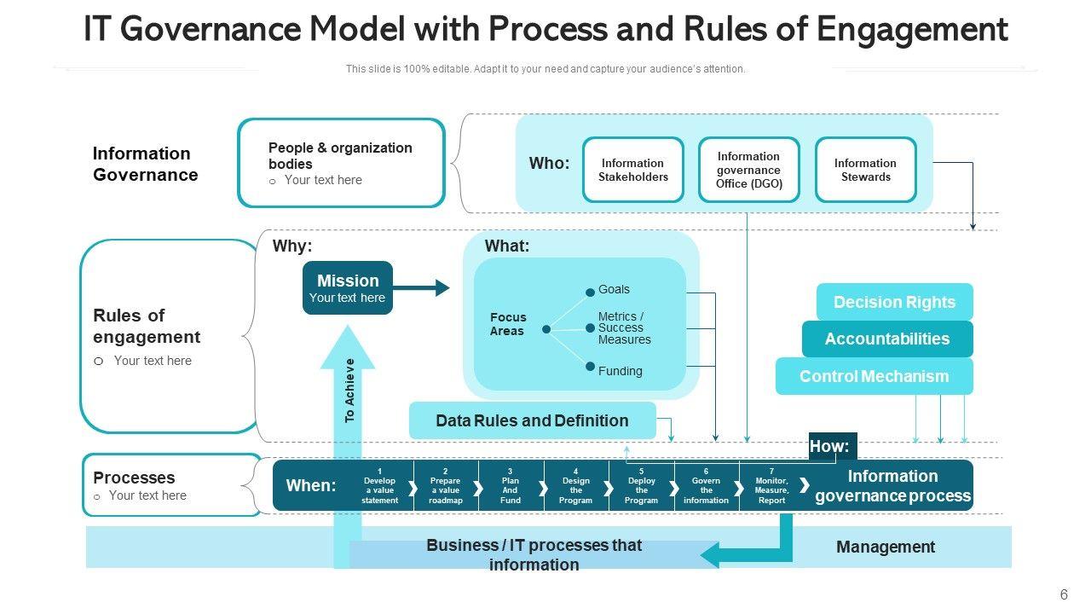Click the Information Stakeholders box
[632, 170]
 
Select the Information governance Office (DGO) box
[748, 170]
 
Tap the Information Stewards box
[865, 170]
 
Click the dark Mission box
[348, 287]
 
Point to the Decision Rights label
[894, 302]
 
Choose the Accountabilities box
[886, 339]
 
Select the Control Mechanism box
[874, 376]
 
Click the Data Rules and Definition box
[532, 420]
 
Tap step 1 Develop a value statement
[379, 485]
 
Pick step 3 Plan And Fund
[510, 485]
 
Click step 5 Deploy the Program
[641, 485]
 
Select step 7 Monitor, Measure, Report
[771, 485]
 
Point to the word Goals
[614, 289]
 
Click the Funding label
[620, 371]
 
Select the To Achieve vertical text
[349, 391]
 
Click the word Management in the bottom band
[886, 547]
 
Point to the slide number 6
[1064, 595]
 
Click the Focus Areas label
[508, 324]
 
